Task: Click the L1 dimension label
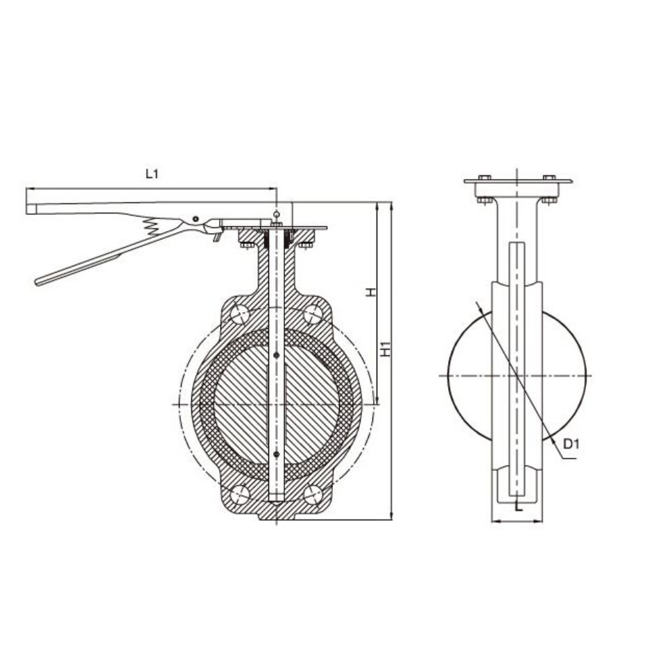(152, 174)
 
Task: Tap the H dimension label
(371, 292)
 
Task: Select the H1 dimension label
(386, 348)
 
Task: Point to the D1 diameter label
(571, 444)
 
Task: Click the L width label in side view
(519, 507)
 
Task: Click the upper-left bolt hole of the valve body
(240, 315)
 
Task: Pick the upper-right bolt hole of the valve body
(313, 315)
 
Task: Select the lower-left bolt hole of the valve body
(240, 495)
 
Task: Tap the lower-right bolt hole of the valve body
(313, 495)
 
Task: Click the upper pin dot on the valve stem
(277, 355)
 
